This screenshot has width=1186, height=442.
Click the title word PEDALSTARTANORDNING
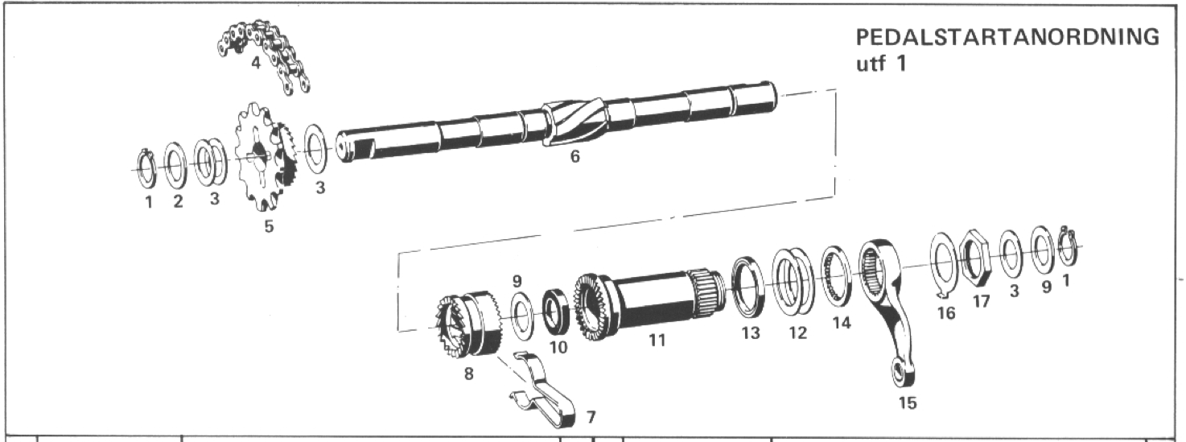(1007, 38)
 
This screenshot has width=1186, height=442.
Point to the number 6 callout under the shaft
(575, 156)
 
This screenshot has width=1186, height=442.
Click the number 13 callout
(751, 333)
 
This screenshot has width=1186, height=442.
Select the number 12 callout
(797, 333)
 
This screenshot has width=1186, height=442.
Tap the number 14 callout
(842, 323)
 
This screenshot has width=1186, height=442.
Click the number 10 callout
(558, 347)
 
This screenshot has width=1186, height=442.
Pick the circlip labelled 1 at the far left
(146, 169)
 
